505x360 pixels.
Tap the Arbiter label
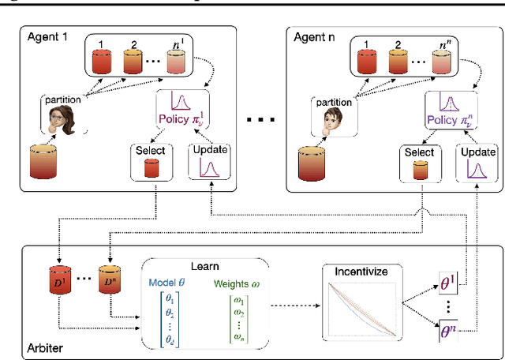pos(44,345)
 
